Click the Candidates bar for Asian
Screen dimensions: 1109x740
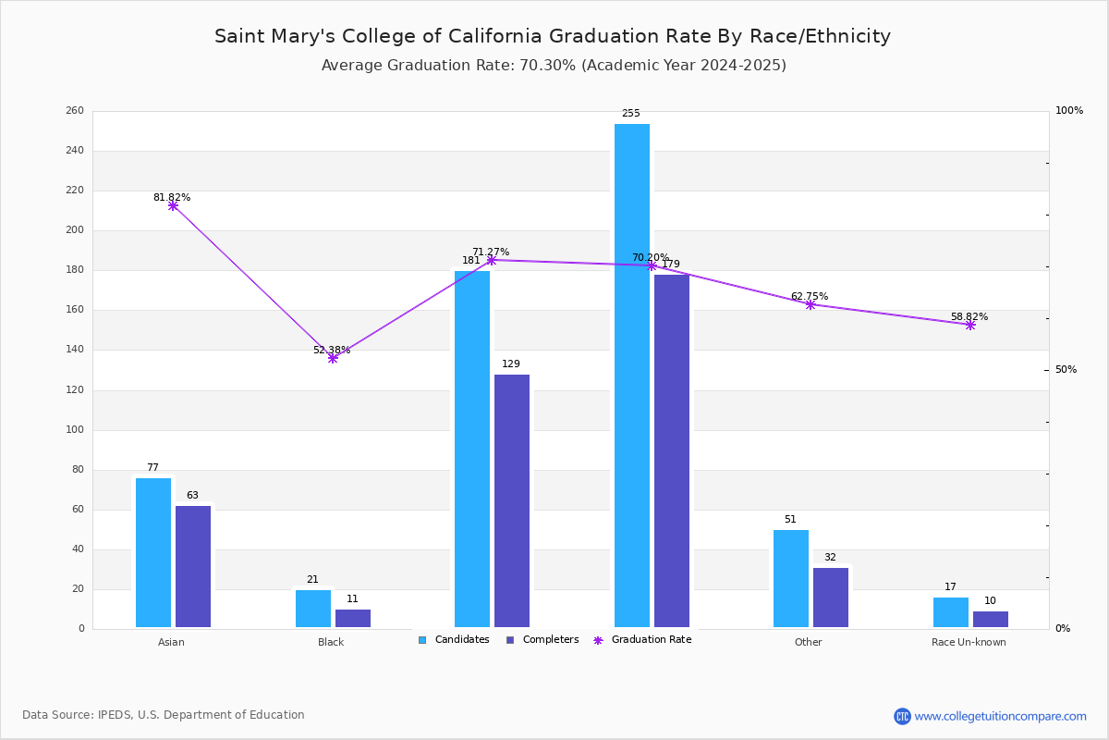point(153,552)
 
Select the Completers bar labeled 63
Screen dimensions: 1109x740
point(193,566)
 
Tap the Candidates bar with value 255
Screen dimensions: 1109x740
point(632,376)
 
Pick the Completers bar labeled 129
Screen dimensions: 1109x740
point(512,501)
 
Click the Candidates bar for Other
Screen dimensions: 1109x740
point(791,579)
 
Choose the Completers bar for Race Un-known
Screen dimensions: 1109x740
point(991,620)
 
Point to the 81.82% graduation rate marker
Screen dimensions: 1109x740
point(173,205)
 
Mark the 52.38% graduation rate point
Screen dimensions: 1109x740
point(333,358)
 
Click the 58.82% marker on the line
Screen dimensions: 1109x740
point(970,326)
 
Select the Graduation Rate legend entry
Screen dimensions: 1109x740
point(642,640)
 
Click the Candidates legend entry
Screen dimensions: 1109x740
point(454,640)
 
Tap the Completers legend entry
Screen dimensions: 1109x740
point(542,640)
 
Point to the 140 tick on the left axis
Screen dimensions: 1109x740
point(75,350)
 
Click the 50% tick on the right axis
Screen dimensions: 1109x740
point(1066,370)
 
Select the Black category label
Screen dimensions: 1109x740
point(331,642)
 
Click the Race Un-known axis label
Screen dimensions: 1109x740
point(969,642)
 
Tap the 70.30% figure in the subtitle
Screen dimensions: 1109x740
point(547,66)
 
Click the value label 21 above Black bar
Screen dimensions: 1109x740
point(312,579)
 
